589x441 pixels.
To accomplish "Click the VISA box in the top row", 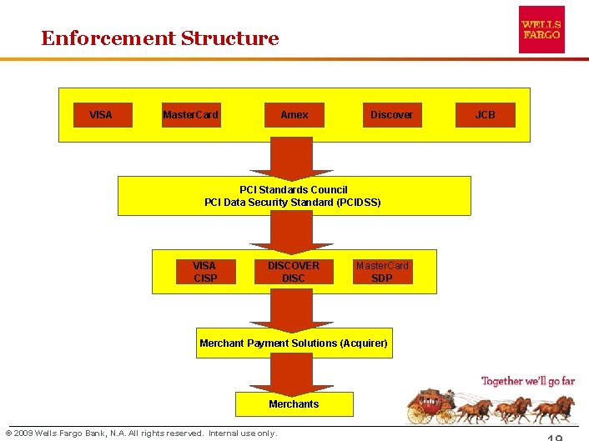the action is click(101, 114).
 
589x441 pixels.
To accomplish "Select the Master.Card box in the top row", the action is click(191, 114).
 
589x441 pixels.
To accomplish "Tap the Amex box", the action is click(294, 114).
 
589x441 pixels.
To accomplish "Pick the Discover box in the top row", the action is click(391, 114).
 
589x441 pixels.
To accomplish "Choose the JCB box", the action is click(485, 114).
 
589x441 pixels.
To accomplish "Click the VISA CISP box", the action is click(204, 272).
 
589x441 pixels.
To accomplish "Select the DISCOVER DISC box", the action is click(294, 272).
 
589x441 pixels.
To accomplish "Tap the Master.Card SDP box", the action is click(381, 272).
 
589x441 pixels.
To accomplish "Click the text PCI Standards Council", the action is click(294, 190).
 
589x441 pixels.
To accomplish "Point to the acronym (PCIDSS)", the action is click(360, 203).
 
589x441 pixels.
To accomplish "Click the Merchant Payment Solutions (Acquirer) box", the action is click(294, 343).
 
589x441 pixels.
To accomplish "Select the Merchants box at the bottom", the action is click(294, 404).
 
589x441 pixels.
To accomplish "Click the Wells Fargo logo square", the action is click(541, 30).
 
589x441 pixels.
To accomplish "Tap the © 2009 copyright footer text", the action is click(142, 433).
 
